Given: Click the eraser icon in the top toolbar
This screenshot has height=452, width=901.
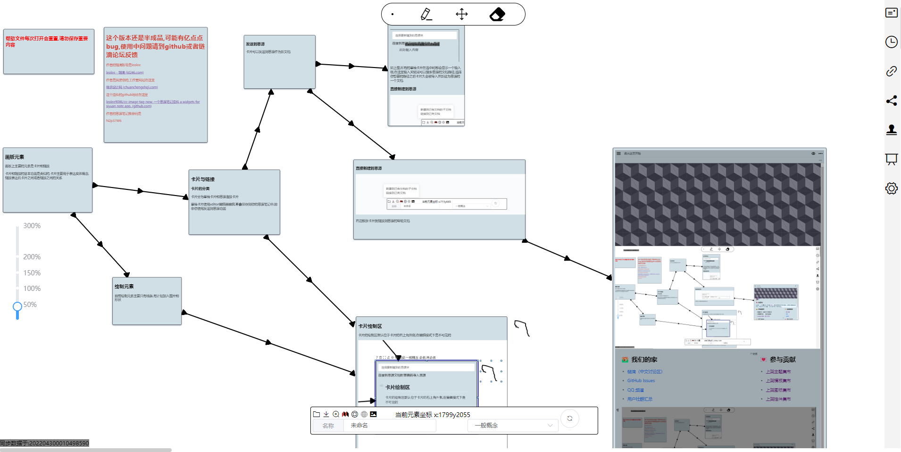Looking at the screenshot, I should click(x=497, y=15).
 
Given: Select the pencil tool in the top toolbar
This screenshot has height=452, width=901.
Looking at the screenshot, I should click(x=426, y=14).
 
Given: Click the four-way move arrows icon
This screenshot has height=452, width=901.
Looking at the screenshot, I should click(x=462, y=14).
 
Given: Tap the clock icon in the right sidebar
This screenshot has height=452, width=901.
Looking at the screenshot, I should click(x=891, y=42).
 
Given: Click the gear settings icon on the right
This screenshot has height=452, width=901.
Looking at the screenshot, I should click(x=891, y=188).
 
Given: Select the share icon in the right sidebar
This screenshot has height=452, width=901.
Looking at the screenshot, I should click(x=891, y=101).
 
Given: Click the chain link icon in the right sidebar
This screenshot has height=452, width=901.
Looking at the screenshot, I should click(x=891, y=71).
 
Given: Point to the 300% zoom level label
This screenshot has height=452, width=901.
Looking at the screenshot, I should click(x=32, y=226).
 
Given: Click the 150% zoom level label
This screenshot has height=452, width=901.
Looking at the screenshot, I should click(x=32, y=273).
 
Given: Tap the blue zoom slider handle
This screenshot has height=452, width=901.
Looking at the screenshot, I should click(x=17, y=307).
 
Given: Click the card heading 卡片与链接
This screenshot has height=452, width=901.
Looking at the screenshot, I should click(x=203, y=179).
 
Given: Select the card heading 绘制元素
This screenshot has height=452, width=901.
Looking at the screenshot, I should click(x=124, y=287).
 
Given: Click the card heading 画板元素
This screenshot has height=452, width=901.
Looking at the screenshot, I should click(x=15, y=157).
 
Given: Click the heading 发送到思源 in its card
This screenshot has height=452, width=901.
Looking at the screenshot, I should click(x=255, y=44).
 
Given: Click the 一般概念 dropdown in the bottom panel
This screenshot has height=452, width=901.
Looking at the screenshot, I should click(x=513, y=426).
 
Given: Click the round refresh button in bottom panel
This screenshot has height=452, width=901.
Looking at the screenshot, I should click(x=570, y=418).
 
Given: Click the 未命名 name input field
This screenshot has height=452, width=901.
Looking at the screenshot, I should click(x=389, y=426).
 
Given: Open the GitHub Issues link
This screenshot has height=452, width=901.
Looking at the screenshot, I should click(x=641, y=381).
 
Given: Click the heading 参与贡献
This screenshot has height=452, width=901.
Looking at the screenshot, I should click(x=783, y=360).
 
